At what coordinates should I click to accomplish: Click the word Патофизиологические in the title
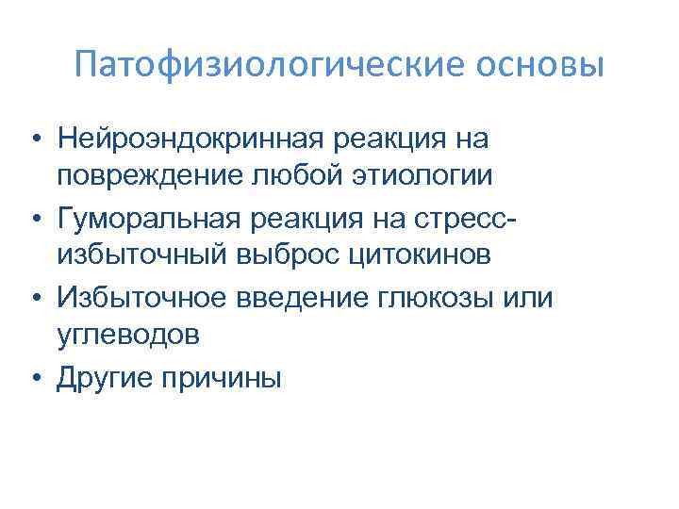(236, 66)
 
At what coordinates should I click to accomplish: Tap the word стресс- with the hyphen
(476, 220)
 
